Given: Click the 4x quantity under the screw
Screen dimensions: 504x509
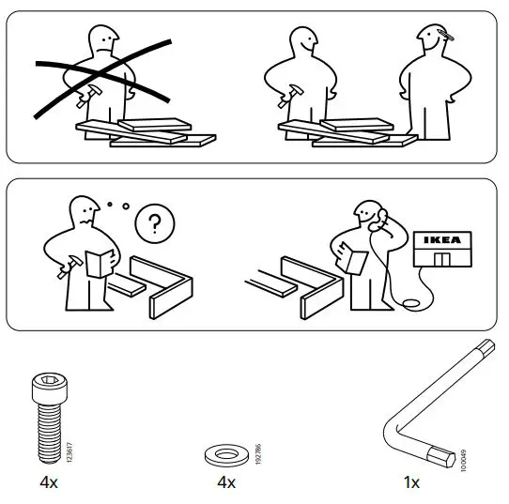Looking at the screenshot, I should (50, 482).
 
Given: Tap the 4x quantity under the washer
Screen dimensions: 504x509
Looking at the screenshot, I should (224, 482).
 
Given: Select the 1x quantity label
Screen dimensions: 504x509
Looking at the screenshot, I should (411, 482).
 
